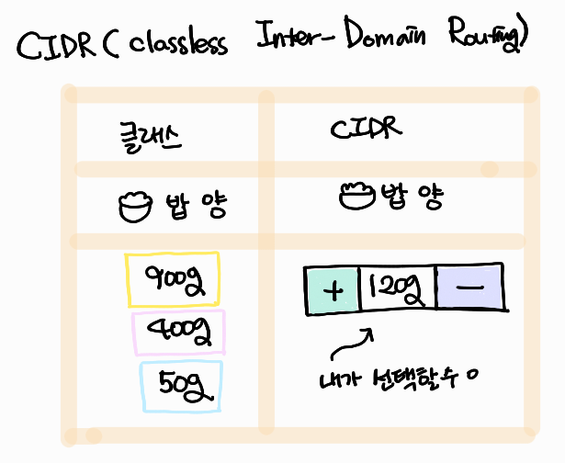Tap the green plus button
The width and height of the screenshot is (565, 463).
coord(332,290)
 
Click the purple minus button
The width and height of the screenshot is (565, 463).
coord(469,288)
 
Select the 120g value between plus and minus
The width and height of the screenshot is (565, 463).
coord(396,290)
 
